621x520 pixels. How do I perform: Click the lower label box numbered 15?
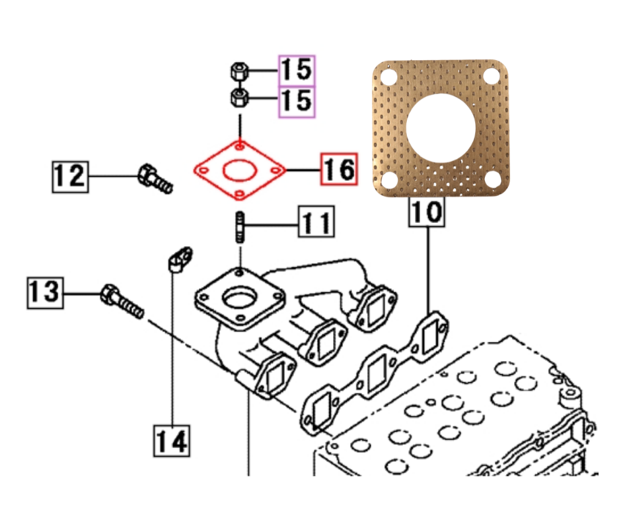pos(297,101)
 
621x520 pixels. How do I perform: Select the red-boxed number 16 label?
pos(339,170)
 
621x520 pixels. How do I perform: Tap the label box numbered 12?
pos(70,176)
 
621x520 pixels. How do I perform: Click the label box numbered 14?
pos(172,440)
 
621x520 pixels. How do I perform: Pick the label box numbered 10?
pos(427,212)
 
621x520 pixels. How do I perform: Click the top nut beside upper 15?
pos(239,70)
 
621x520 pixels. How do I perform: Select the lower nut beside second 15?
pos(239,100)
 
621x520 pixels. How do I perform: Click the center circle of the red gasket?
pos(239,170)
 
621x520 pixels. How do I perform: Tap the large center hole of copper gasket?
pos(441,127)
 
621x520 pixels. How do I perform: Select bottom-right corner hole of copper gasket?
pos(492,179)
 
